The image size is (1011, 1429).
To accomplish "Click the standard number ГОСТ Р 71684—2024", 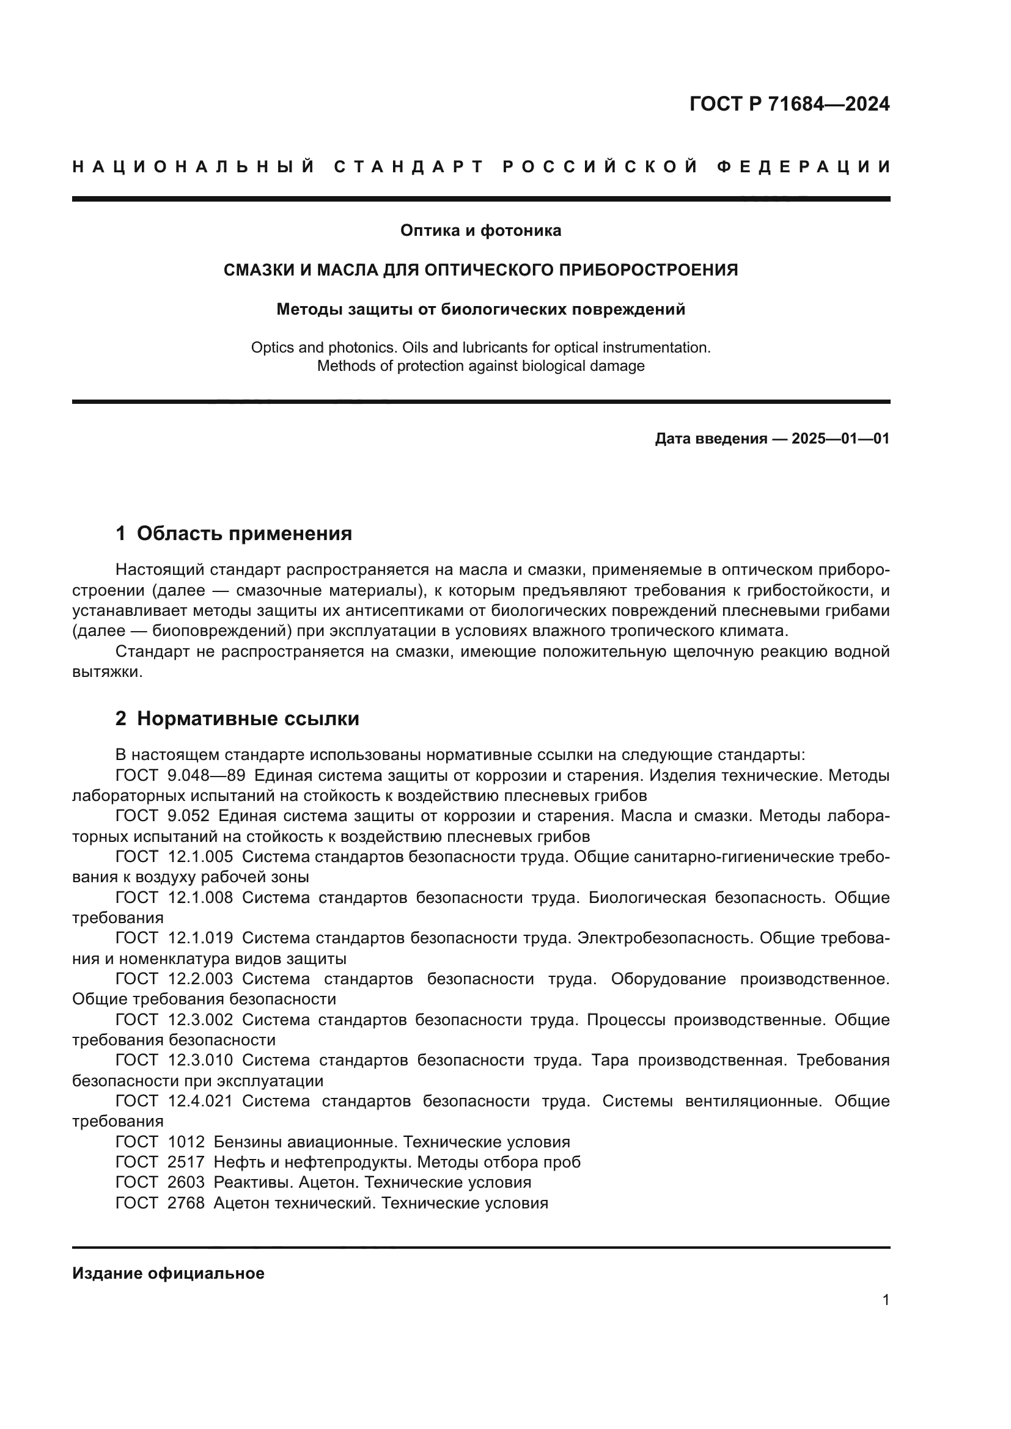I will pos(789,104).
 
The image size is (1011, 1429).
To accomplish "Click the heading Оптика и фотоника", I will pos(480,231).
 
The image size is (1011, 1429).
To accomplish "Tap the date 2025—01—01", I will pos(840,439).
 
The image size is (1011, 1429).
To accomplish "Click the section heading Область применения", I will pos(244,533).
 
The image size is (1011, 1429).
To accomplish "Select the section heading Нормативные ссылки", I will pos(248,719).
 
